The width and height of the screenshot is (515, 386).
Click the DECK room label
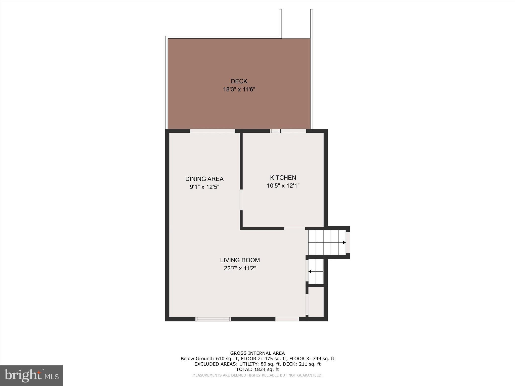point(239,81)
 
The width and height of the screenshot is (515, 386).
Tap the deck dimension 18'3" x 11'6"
point(239,89)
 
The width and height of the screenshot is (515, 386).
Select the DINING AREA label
point(204,179)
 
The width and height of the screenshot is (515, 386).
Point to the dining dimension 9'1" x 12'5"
point(204,187)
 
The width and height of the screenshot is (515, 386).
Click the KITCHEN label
point(283,178)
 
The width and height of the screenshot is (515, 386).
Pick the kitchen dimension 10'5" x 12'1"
point(283,186)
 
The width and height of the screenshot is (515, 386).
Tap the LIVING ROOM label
point(240,260)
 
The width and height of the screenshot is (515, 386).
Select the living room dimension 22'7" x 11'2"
point(240,268)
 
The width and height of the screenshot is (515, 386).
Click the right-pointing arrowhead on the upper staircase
point(344,243)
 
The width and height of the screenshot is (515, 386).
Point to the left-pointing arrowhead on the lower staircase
point(310,271)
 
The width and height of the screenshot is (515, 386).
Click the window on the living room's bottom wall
point(213,319)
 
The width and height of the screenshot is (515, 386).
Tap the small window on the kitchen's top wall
point(275,131)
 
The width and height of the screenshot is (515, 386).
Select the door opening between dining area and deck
point(212,131)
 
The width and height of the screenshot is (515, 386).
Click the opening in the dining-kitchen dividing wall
point(241,200)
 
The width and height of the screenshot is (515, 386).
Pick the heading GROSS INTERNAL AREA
point(257,353)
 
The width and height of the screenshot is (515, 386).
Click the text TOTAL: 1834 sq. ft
point(257,369)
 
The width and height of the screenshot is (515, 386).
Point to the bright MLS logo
point(31,375)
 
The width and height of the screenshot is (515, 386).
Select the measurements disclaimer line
point(257,375)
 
